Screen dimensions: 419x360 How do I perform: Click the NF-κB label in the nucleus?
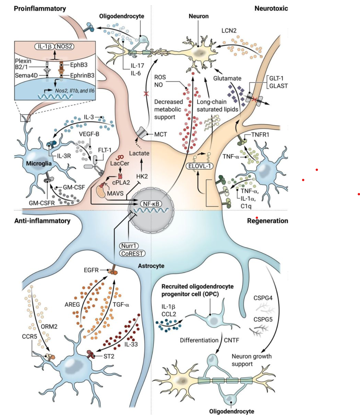click(x=151, y=204)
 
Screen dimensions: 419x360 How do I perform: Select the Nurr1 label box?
click(x=129, y=246)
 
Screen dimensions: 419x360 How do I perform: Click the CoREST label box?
click(x=132, y=254)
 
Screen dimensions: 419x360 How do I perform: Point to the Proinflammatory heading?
click(x=40, y=9)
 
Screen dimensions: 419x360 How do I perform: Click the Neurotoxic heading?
click(x=271, y=9)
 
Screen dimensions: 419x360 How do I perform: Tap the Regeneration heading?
click(x=267, y=221)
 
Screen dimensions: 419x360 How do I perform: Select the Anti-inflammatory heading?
click(x=42, y=221)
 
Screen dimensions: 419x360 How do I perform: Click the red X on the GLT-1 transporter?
click(x=255, y=99)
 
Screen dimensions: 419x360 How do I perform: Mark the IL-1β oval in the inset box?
click(x=44, y=46)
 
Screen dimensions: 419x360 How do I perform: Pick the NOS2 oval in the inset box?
click(x=64, y=46)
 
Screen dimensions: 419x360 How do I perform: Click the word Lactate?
click(x=139, y=153)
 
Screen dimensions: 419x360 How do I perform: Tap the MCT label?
click(x=161, y=134)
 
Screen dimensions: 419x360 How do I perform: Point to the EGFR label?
click(x=91, y=270)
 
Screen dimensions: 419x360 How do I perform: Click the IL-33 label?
click(x=131, y=344)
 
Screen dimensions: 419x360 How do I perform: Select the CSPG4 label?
click(x=263, y=298)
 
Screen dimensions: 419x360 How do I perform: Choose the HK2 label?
click(x=142, y=176)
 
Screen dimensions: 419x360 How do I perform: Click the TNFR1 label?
click(x=260, y=135)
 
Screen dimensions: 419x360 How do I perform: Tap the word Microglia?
click(x=39, y=164)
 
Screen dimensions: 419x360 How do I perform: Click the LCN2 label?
click(x=229, y=30)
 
